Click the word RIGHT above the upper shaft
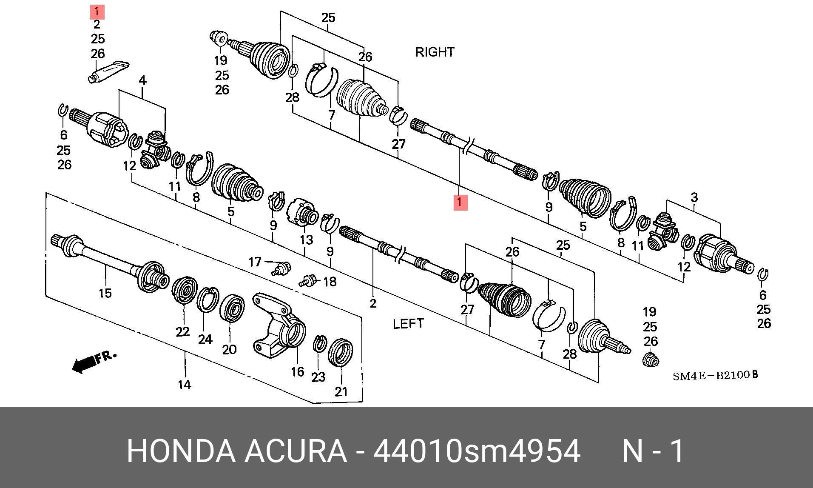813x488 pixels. [x=435, y=52]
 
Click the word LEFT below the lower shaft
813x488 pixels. [x=408, y=324]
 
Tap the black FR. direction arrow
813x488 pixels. [x=85, y=364]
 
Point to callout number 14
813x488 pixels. [x=184, y=385]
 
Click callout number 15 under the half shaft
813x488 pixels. [x=105, y=293]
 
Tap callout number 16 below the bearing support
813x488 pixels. [x=298, y=372]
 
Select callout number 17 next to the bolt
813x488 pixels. [x=255, y=262]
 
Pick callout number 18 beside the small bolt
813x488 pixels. [x=330, y=282]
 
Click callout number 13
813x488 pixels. [x=306, y=240]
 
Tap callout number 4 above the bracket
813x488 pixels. [x=142, y=80]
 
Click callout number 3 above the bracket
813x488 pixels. [x=694, y=197]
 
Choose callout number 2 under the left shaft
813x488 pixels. [x=373, y=303]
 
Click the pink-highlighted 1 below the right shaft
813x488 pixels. [x=460, y=203]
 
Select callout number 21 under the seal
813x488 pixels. [x=341, y=391]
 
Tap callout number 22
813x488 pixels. [x=182, y=331]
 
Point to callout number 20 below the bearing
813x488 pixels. [x=229, y=349]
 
